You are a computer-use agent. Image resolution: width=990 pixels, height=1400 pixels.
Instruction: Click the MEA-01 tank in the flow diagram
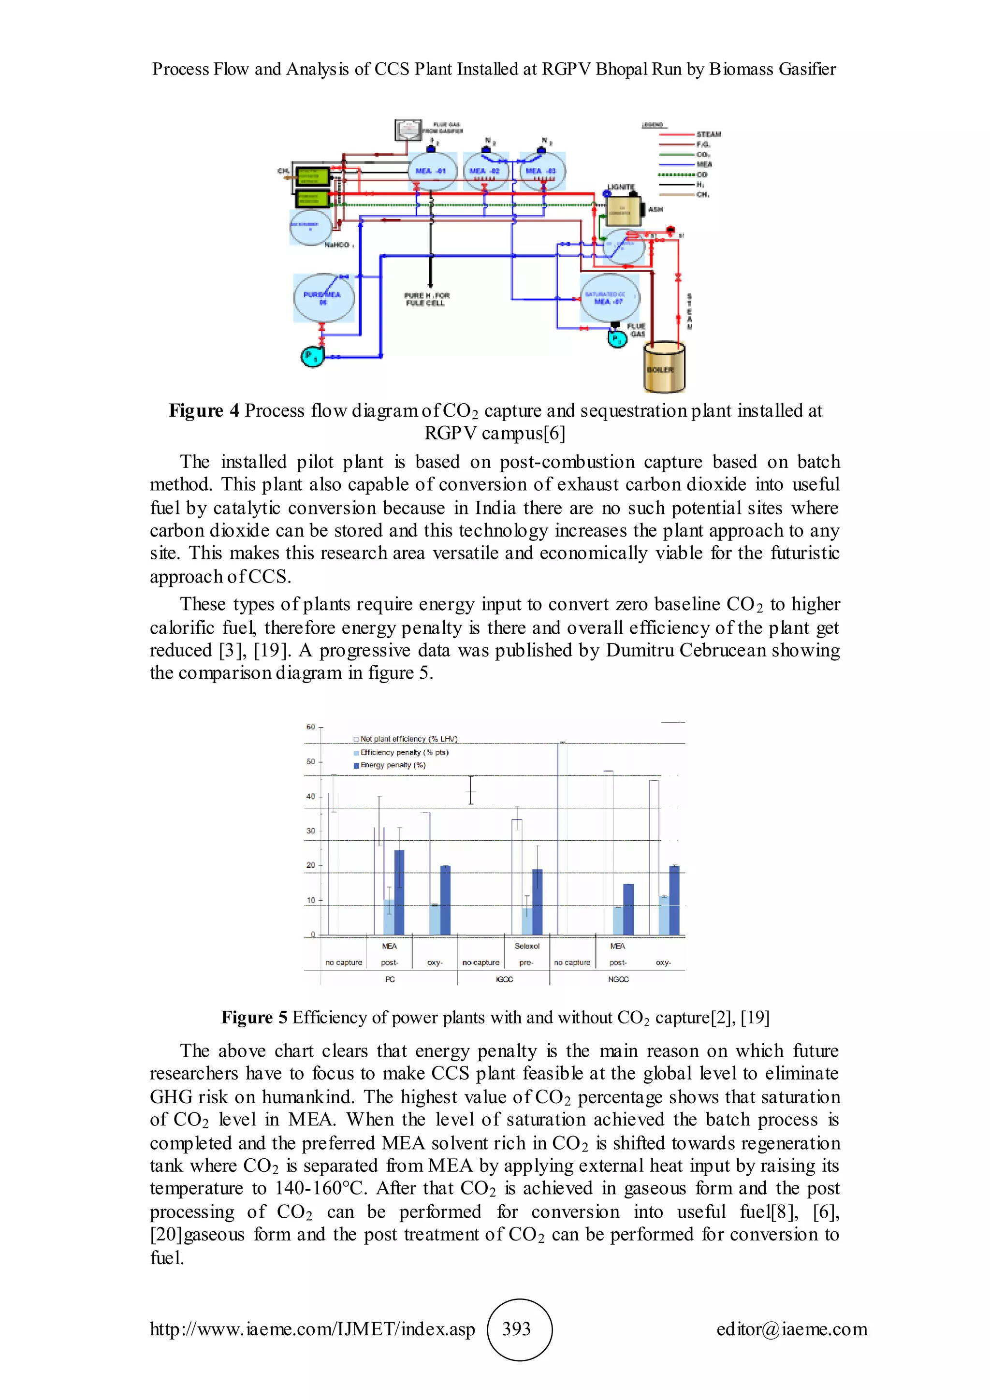[432, 171]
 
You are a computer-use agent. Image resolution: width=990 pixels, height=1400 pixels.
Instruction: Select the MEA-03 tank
[542, 171]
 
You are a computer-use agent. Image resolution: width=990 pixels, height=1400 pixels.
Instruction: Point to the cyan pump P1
[312, 356]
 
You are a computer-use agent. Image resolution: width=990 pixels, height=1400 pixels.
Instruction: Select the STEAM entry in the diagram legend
[708, 134]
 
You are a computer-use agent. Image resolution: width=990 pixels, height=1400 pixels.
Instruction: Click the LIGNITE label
[621, 187]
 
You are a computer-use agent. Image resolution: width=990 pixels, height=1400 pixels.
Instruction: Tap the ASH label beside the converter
[655, 210]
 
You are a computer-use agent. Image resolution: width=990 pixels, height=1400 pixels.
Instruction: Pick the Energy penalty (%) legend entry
[393, 765]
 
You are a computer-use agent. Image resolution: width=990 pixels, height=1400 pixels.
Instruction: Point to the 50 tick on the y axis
[311, 761]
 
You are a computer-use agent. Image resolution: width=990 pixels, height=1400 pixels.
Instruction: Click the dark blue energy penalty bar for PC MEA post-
[399, 892]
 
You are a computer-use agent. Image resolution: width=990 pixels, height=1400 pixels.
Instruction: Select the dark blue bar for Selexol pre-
[537, 902]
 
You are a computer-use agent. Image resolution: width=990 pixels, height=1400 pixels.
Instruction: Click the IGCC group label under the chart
[504, 979]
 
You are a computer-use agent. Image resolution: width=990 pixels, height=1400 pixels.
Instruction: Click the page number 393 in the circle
[516, 1328]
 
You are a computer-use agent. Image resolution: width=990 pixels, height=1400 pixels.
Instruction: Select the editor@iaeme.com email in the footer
[791, 1328]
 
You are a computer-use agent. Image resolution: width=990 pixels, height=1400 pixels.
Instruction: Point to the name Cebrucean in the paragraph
[722, 650]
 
